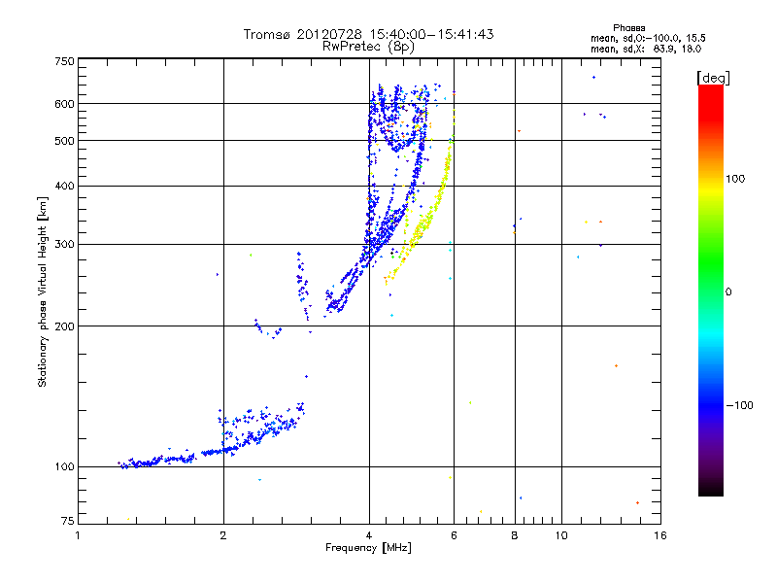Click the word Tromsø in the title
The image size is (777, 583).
click(x=267, y=34)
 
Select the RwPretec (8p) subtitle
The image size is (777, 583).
click(x=369, y=46)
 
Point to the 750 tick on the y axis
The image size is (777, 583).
click(x=65, y=61)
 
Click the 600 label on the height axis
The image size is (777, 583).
click(x=65, y=104)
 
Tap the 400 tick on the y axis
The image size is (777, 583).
click(x=65, y=186)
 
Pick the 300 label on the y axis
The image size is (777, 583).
click(x=65, y=244)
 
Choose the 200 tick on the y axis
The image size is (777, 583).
click(x=65, y=326)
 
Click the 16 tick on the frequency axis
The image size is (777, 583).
click(x=661, y=535)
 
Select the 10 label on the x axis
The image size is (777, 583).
click(x=561, y=535)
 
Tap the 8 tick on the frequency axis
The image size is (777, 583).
click(x=515, y=535)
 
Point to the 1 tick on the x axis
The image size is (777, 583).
click(x=79, y=535)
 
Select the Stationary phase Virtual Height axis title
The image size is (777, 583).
click(x=43, y=292)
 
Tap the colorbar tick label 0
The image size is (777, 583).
click(x=727, y=291)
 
